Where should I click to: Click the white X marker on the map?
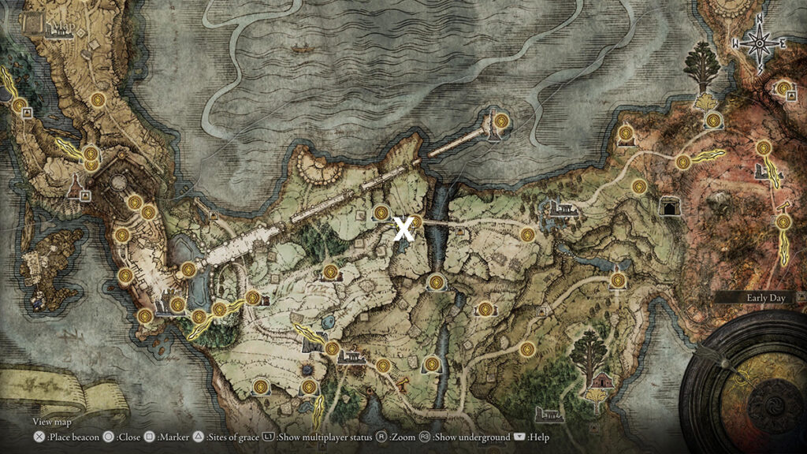pyautogui.click(x=403, y=229)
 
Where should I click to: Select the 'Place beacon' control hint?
pyautogui.click(x=62, y=437)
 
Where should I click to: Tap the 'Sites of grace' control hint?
pyautogui.click(x=226, y=437)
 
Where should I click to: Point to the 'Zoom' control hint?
pyautogui.click(x=398, y=437)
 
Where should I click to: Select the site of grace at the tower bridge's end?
pyautogui.click(x=500, y=121)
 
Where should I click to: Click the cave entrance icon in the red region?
pyautogui.click(x=671, y=206)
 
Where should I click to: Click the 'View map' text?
pyautogui.click(x=51, y=422)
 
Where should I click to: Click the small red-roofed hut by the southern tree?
pyautogui.click(x=602, y=381)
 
